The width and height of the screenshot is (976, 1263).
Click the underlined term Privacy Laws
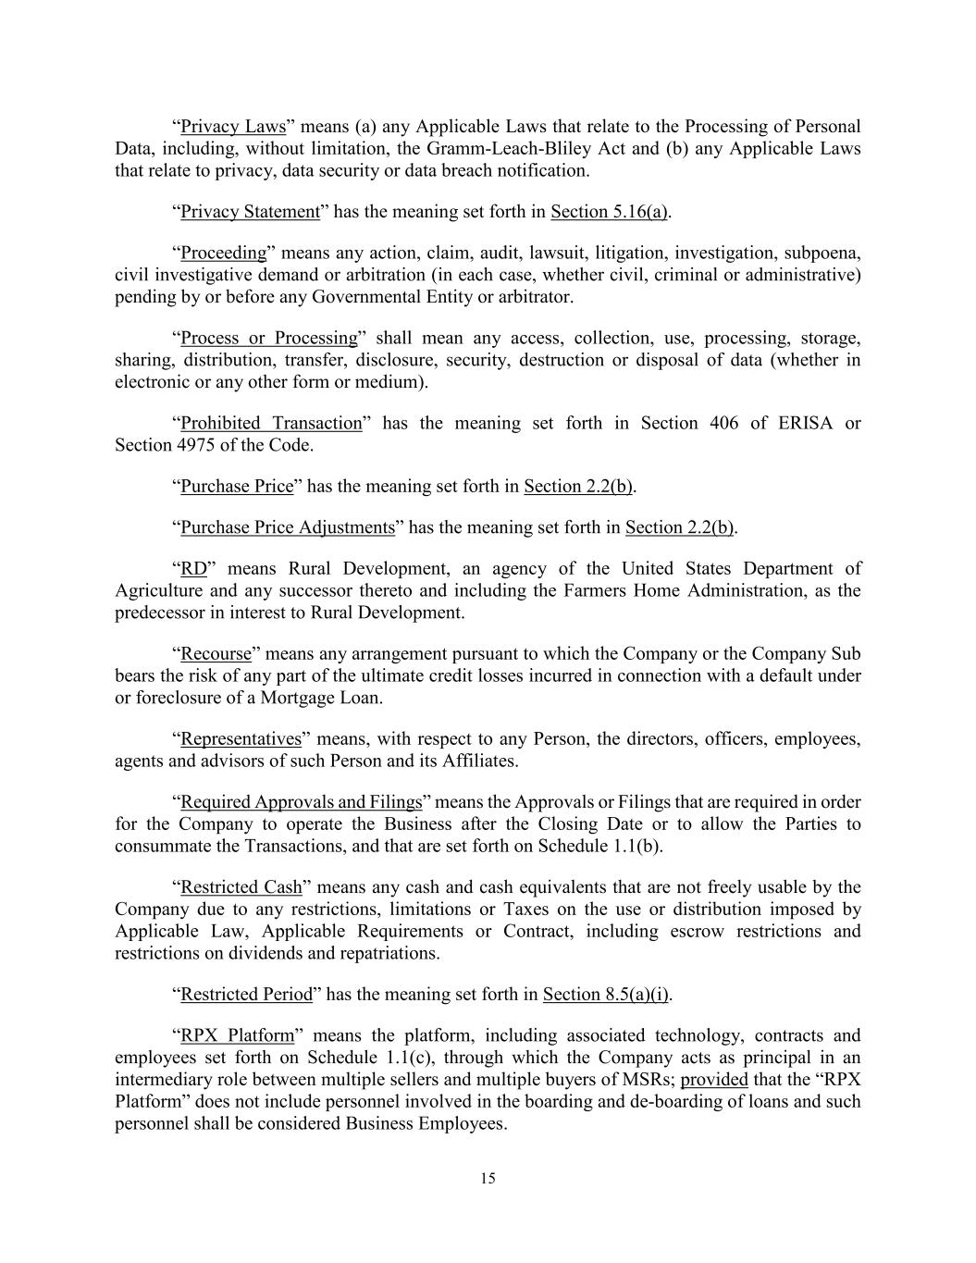(232, 127)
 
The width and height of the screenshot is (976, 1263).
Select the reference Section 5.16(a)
(609, 212)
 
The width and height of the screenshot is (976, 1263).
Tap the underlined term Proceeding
(223, 254)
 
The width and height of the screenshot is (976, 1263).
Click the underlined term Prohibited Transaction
(271, 424)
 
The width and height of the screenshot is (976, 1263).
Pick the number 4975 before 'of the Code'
(195, 445)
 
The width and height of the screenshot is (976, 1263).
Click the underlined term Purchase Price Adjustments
(288, 527)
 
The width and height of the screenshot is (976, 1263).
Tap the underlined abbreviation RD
(193, 569)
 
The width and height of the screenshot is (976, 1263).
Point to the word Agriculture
(159, 590)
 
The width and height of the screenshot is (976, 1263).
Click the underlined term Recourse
(216, 654)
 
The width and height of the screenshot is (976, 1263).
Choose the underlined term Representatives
(241, 739)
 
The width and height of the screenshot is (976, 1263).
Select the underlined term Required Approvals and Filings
(301, 802)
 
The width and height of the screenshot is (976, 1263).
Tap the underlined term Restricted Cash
(241, 887)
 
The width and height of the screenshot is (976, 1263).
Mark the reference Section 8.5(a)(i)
(605, 995)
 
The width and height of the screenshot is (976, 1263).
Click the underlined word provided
(714, 1080)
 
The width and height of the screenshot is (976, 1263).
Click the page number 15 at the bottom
(488, 1179)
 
